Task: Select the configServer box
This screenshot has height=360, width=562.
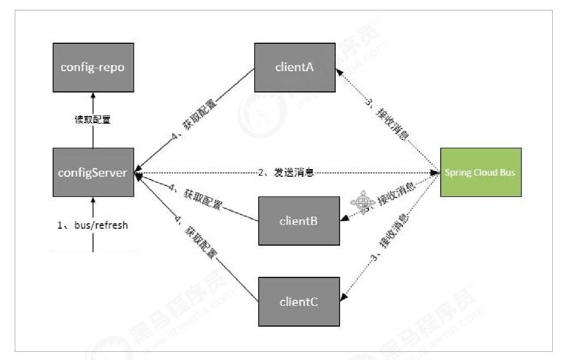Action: coord(93,172)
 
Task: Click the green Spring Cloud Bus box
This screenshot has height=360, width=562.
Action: coord(481,172)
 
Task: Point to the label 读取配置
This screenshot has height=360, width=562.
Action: coord(92,119)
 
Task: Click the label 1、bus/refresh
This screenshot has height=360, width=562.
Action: coord(93,225)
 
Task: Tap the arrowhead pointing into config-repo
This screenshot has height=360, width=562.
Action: coord(93,94)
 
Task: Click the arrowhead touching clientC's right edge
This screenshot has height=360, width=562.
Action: coord(343,299)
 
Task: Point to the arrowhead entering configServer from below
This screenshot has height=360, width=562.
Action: coord(93,199)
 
